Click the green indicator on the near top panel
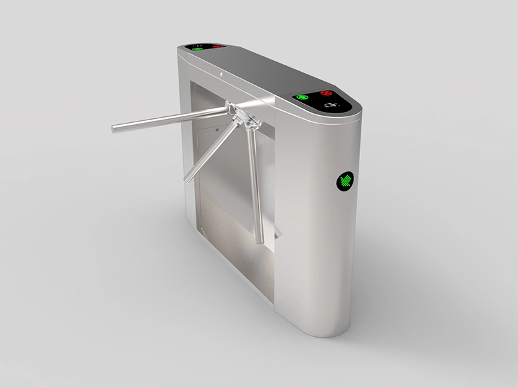(x=302, y=98)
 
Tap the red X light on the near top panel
(x=326, y=93)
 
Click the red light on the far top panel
(x=217, y=47)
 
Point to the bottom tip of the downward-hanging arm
(x=261, y=241)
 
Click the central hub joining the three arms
(x=240, y=117)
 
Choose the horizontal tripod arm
(x=168, y=120)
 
